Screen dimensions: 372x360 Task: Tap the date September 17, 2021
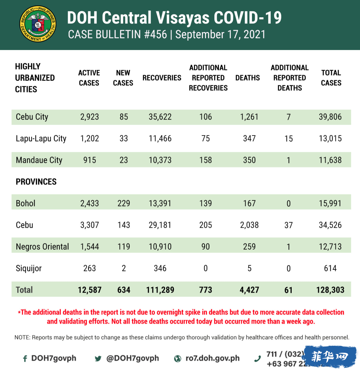click(220, 34)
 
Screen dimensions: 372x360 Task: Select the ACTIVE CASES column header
click(89, 78)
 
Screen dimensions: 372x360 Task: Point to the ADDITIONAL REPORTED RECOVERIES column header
click(208, 78)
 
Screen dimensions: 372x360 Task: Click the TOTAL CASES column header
click(331, 78)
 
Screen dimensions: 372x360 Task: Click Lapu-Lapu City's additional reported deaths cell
click(289, 139)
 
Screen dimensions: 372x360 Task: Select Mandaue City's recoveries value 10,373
click(160, 160)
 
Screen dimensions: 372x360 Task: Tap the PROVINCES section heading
click(36, 182)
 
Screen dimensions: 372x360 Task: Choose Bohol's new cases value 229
click(124, 203)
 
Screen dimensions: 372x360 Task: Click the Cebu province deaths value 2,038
click(249, 225)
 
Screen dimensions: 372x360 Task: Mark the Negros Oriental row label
click(42, 247)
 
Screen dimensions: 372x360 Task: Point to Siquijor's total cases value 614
click(330, 268)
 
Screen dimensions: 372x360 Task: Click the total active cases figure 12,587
click(89, 290)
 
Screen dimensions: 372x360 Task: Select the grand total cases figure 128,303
click(330, 290)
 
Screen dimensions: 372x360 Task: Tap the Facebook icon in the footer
click(25, 359)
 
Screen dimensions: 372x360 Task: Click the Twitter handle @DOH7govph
click(133, 358)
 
